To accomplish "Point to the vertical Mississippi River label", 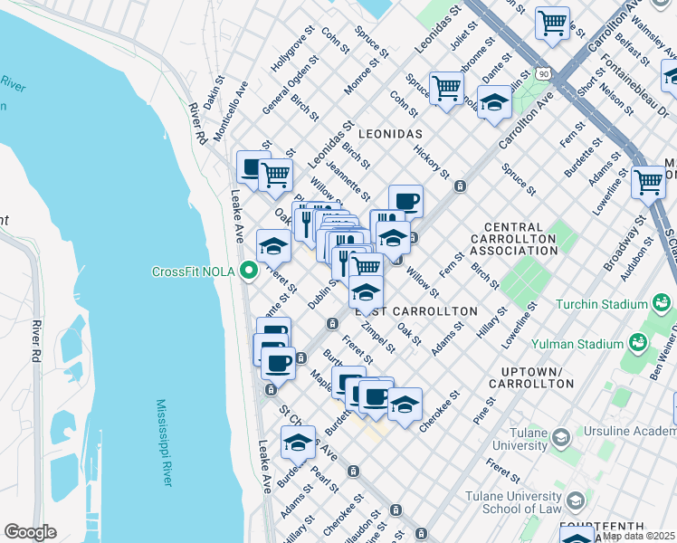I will tap(164, 443).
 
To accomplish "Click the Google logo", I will tap(30, 532).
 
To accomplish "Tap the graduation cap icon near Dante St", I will tap(494, 101).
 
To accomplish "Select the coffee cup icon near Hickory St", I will tap(405, 200).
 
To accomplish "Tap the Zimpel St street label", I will tap(377, 336).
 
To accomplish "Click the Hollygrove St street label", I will tap(291, 51).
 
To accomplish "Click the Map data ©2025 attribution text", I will tap(639, 536).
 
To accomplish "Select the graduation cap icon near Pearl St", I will tap(298, 443).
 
